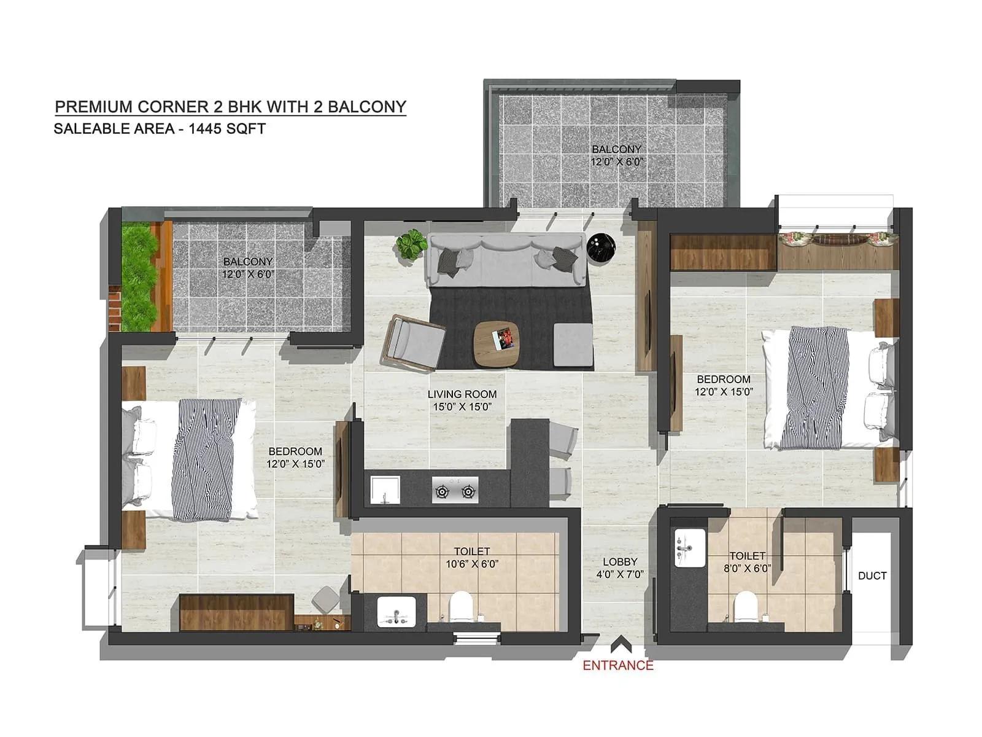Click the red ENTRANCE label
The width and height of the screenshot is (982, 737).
[x=617, y=665]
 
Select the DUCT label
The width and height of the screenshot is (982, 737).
[x=872, y=575]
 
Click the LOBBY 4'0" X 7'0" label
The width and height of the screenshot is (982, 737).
[x=619, y=568]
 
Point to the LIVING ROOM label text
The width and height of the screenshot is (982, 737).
[x=462, y=394]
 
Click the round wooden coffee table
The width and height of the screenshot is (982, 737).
[x=497, y=344]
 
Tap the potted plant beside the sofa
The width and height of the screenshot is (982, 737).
[x=411, y=244]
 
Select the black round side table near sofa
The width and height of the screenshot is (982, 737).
[x=600, y=248]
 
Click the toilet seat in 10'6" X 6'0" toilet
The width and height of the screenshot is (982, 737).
[x=460, y=607]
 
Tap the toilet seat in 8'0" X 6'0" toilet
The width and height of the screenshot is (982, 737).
[x=745, y=606]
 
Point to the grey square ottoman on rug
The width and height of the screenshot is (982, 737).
[x=573, y=345]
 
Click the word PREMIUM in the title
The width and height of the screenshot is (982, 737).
[x=93, y=107]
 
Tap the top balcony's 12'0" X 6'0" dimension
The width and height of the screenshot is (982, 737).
[x=616, y=162]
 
